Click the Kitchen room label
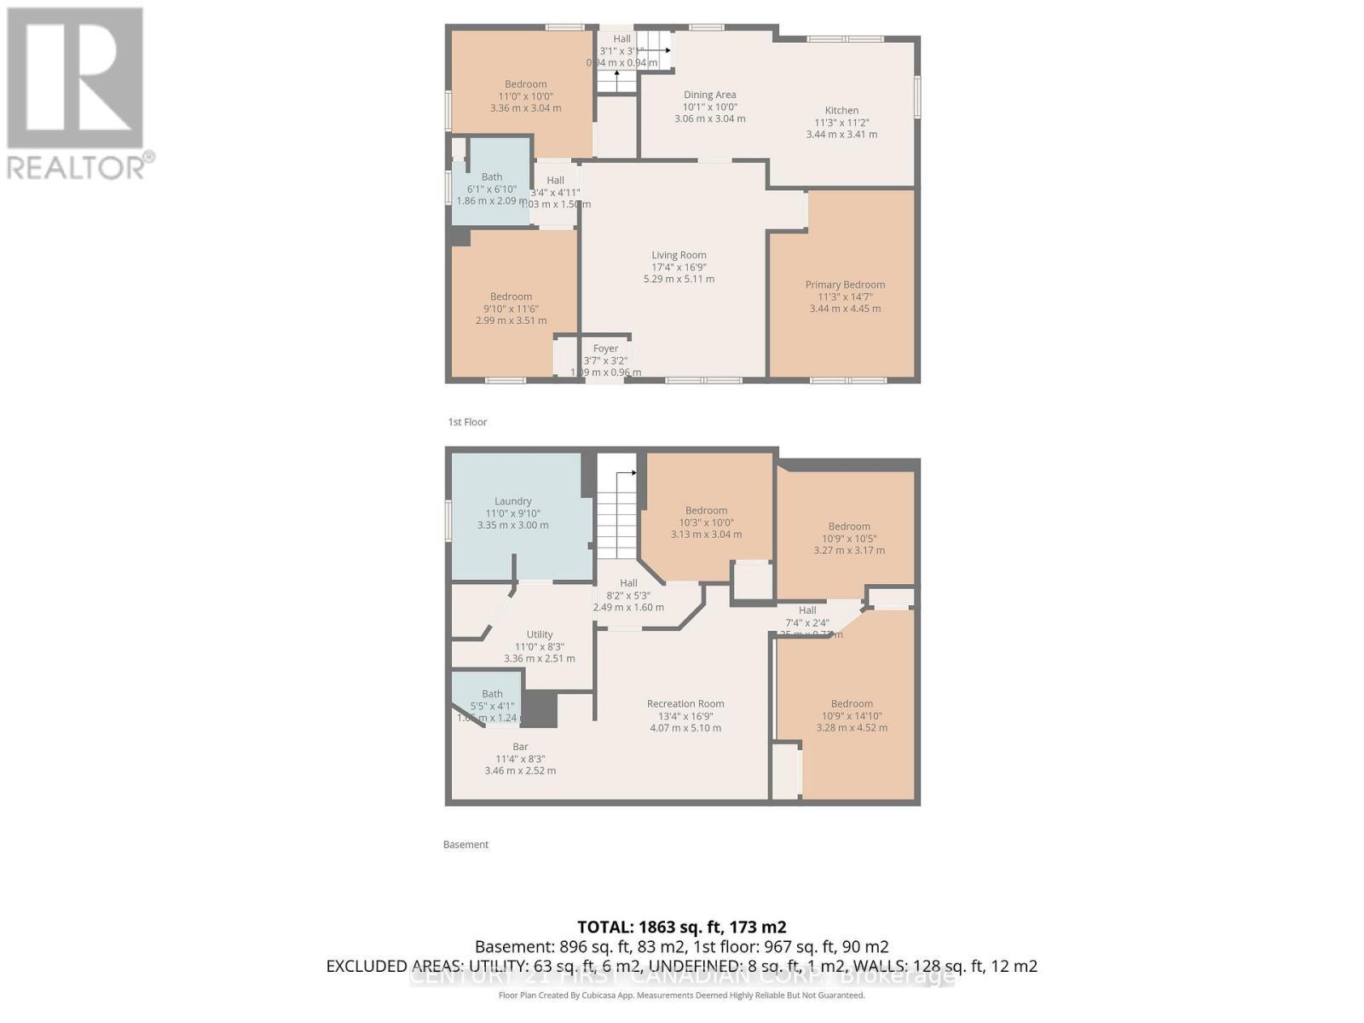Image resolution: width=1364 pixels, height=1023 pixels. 841,111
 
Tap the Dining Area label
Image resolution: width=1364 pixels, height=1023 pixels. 709,95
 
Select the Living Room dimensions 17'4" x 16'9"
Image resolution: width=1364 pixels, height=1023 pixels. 679,267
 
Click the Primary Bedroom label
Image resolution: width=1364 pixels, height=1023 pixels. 845,285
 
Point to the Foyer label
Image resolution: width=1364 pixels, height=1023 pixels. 605,349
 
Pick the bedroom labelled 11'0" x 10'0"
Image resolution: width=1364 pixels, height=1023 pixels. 525,95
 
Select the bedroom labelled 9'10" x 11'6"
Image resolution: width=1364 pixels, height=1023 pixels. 511,309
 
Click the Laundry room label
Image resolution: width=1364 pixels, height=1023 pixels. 512,501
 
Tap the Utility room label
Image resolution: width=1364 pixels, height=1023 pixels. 539,634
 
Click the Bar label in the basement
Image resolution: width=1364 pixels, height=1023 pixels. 520,747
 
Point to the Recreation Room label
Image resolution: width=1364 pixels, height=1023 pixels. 685,704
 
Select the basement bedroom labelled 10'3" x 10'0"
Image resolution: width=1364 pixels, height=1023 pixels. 706,522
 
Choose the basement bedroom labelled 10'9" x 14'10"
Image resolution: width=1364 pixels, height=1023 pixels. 852,716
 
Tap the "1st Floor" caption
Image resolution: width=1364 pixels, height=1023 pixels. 467,422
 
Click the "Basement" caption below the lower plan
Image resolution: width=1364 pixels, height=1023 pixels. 465,845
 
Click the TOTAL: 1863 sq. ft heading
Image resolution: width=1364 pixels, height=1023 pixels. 681,927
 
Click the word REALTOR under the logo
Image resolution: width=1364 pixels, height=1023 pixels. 75,165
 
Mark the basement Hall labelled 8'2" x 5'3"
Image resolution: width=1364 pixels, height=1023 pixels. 628,595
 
